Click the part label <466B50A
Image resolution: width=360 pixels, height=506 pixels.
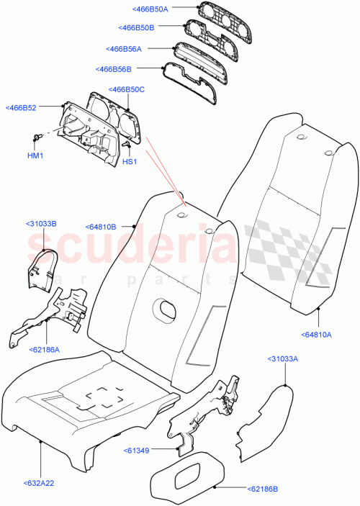click(x=150, y=9)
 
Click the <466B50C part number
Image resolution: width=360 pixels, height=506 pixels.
click(x=127, y=89)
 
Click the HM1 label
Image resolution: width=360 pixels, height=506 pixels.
click(x=35, y=155)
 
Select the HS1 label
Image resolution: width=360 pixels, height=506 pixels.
click(x=130, y=162)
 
